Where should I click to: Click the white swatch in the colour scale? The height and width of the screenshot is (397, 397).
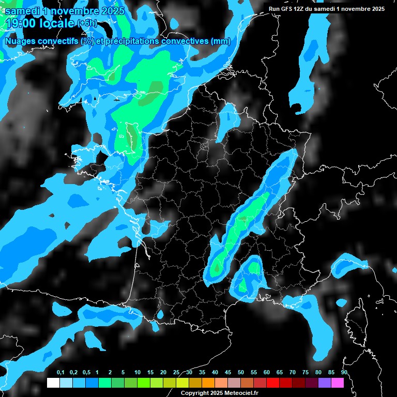pyautogui.click(x=53, y=383)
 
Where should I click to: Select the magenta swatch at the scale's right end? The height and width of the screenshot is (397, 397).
pyautogui.click(x=338, y=383)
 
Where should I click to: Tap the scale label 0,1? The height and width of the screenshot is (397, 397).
pyautogui.click(x=60, y=373)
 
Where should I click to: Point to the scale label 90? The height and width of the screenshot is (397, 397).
pyautogui.click(x=344, y=373)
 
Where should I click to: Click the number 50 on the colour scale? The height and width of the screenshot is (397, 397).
pyautogui.click(x=241, y=373)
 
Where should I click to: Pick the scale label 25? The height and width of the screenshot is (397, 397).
pyautogui.click(x=176, y=373)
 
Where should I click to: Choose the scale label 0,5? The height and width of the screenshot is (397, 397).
pyautogui.click(x=86, y=373)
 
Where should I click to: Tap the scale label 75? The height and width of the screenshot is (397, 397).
pyautogui.click(x=306, y=373)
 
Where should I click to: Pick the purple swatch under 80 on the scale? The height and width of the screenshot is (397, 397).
pyautogui.click(x=325, y=383)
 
